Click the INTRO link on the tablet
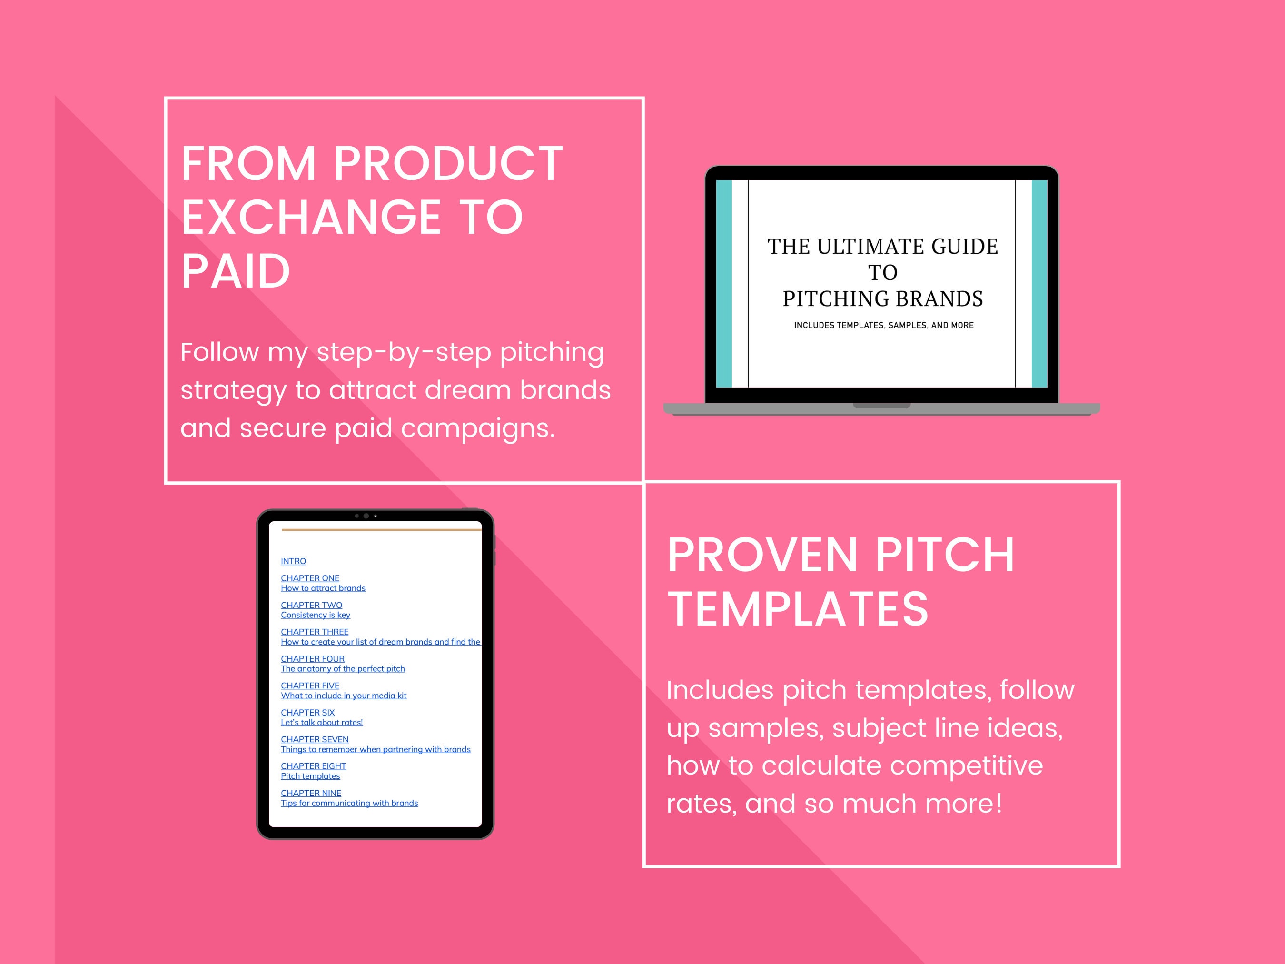coord(293,561)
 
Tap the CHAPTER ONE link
coord(310,578)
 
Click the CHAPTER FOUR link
coord(313,659)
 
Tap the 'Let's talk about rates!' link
coord(322,722)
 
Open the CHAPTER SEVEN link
coord(315,739)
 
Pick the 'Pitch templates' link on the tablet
coord(310,776)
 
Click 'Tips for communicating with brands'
coord(349,803)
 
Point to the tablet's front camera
coord(366,516)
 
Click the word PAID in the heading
coord(235,271)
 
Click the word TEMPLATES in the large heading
coord(798,609)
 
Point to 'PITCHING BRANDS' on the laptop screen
coord(882,298)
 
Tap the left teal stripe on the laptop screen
coord(724,284)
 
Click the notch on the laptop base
coord(881,406)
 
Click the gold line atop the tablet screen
coord(382,530)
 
